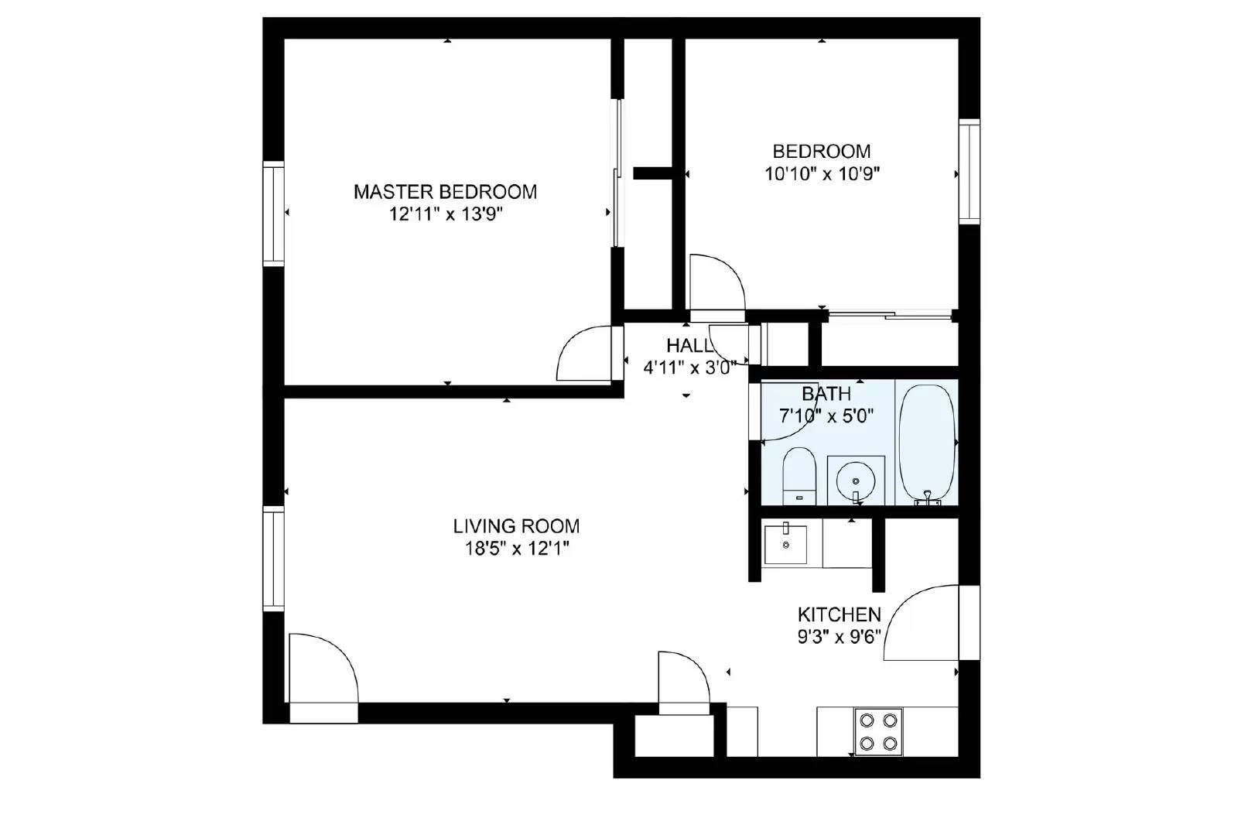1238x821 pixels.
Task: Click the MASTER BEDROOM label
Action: click(x=445, y=191)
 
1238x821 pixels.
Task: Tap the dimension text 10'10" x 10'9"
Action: click(x=822, y=174)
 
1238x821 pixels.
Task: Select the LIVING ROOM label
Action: click(x=516, y=526)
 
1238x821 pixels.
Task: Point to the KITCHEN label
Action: click(x=839, y=614)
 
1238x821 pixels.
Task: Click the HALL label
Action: click(x=689, y=345)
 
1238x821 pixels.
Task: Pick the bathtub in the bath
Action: click(x=927, y=443)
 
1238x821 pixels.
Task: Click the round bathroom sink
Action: click(x=855, y=481)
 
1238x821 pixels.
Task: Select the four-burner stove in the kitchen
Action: click(x=878, y=731)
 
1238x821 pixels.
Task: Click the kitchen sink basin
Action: click(x=785, y=545)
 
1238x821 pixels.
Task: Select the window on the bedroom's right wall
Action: click(x=969, y=172)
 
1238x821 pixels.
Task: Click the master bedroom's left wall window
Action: click(x=273, y=214)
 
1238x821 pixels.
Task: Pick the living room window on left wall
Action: click(x=273, y=559)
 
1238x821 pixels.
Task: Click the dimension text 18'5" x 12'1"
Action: click(x=516, y=549)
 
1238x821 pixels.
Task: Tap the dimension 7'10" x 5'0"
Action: click(x=826, y=416)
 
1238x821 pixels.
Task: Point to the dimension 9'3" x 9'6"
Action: click(x=839, y=638)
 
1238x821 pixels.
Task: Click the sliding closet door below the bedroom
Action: click(x=889, y=314)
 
